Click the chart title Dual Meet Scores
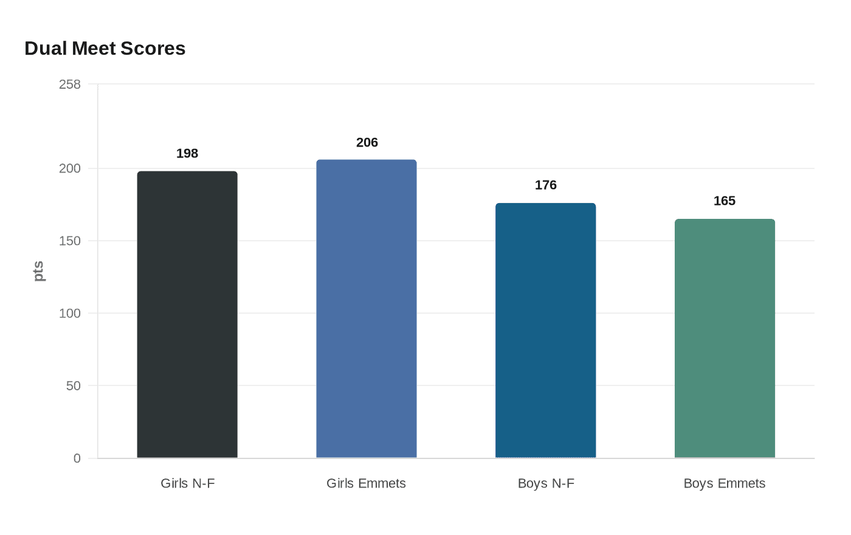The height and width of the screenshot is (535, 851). tap(105, 49)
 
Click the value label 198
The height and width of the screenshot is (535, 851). tap(187, 153)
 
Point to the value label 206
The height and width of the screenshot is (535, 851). tap(367, 142)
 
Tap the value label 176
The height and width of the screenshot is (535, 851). tap(545, 185)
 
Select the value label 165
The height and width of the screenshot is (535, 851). tap(725, 201)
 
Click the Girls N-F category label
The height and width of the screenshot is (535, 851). tap(187, 483)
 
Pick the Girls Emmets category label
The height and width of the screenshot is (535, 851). tap(366, 483)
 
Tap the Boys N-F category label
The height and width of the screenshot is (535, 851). tap(546, 483)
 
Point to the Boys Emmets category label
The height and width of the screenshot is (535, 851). tap(725, 483)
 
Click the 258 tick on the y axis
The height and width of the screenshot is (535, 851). tap(70, 85)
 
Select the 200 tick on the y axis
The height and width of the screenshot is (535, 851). tap(70, 168)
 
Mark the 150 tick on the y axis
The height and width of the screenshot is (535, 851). tap(70, 241)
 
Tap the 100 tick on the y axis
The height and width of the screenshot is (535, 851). tap(70, 313)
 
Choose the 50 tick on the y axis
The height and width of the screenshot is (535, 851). tap(74, 385)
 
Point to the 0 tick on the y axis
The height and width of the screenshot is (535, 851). tap(77, 458)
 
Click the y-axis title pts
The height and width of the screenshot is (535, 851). tap(38, 271)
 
